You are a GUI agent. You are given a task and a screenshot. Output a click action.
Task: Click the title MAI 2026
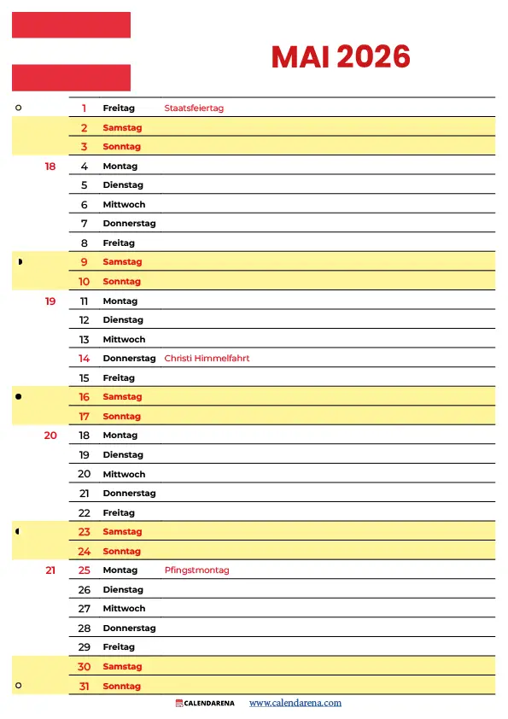(x=341, y=57)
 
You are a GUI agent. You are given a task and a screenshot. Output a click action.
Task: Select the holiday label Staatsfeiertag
(x=194, y=108)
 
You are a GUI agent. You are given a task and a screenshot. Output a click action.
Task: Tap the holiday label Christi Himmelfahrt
(x=207, y=359)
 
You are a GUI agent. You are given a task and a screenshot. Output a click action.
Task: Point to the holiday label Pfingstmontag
(x=196, y=570)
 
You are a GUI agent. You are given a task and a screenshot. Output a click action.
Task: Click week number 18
(x=50, y=167)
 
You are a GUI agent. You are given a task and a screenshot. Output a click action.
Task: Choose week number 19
(x=50, y=301)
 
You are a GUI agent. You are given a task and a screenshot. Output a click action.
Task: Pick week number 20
(x=50, y=435)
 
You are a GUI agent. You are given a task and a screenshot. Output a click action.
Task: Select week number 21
(x=50, y=570)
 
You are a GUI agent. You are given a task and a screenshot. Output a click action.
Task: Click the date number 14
(x=85, y=359)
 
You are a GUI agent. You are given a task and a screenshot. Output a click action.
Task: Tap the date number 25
(x=85, y=570)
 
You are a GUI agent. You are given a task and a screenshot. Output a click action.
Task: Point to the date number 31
(x=85, y=687)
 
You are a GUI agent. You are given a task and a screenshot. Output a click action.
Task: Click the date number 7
(x=85, y=224)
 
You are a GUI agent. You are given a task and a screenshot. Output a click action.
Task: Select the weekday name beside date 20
(x=124, y=474)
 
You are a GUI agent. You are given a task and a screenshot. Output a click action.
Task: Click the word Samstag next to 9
(x=122, y=262)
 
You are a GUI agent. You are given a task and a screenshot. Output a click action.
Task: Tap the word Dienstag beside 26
(x=123, y=590)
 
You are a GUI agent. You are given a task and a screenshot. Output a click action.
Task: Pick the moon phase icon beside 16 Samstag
(x=19, y=397)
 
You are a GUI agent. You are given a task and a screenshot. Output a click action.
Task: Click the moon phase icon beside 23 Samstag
(x=19, y=532)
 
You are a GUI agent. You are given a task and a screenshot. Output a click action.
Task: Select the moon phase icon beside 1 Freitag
(x=19, y=108)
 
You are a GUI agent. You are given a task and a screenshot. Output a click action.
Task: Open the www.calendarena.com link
(x=295, y=703)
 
